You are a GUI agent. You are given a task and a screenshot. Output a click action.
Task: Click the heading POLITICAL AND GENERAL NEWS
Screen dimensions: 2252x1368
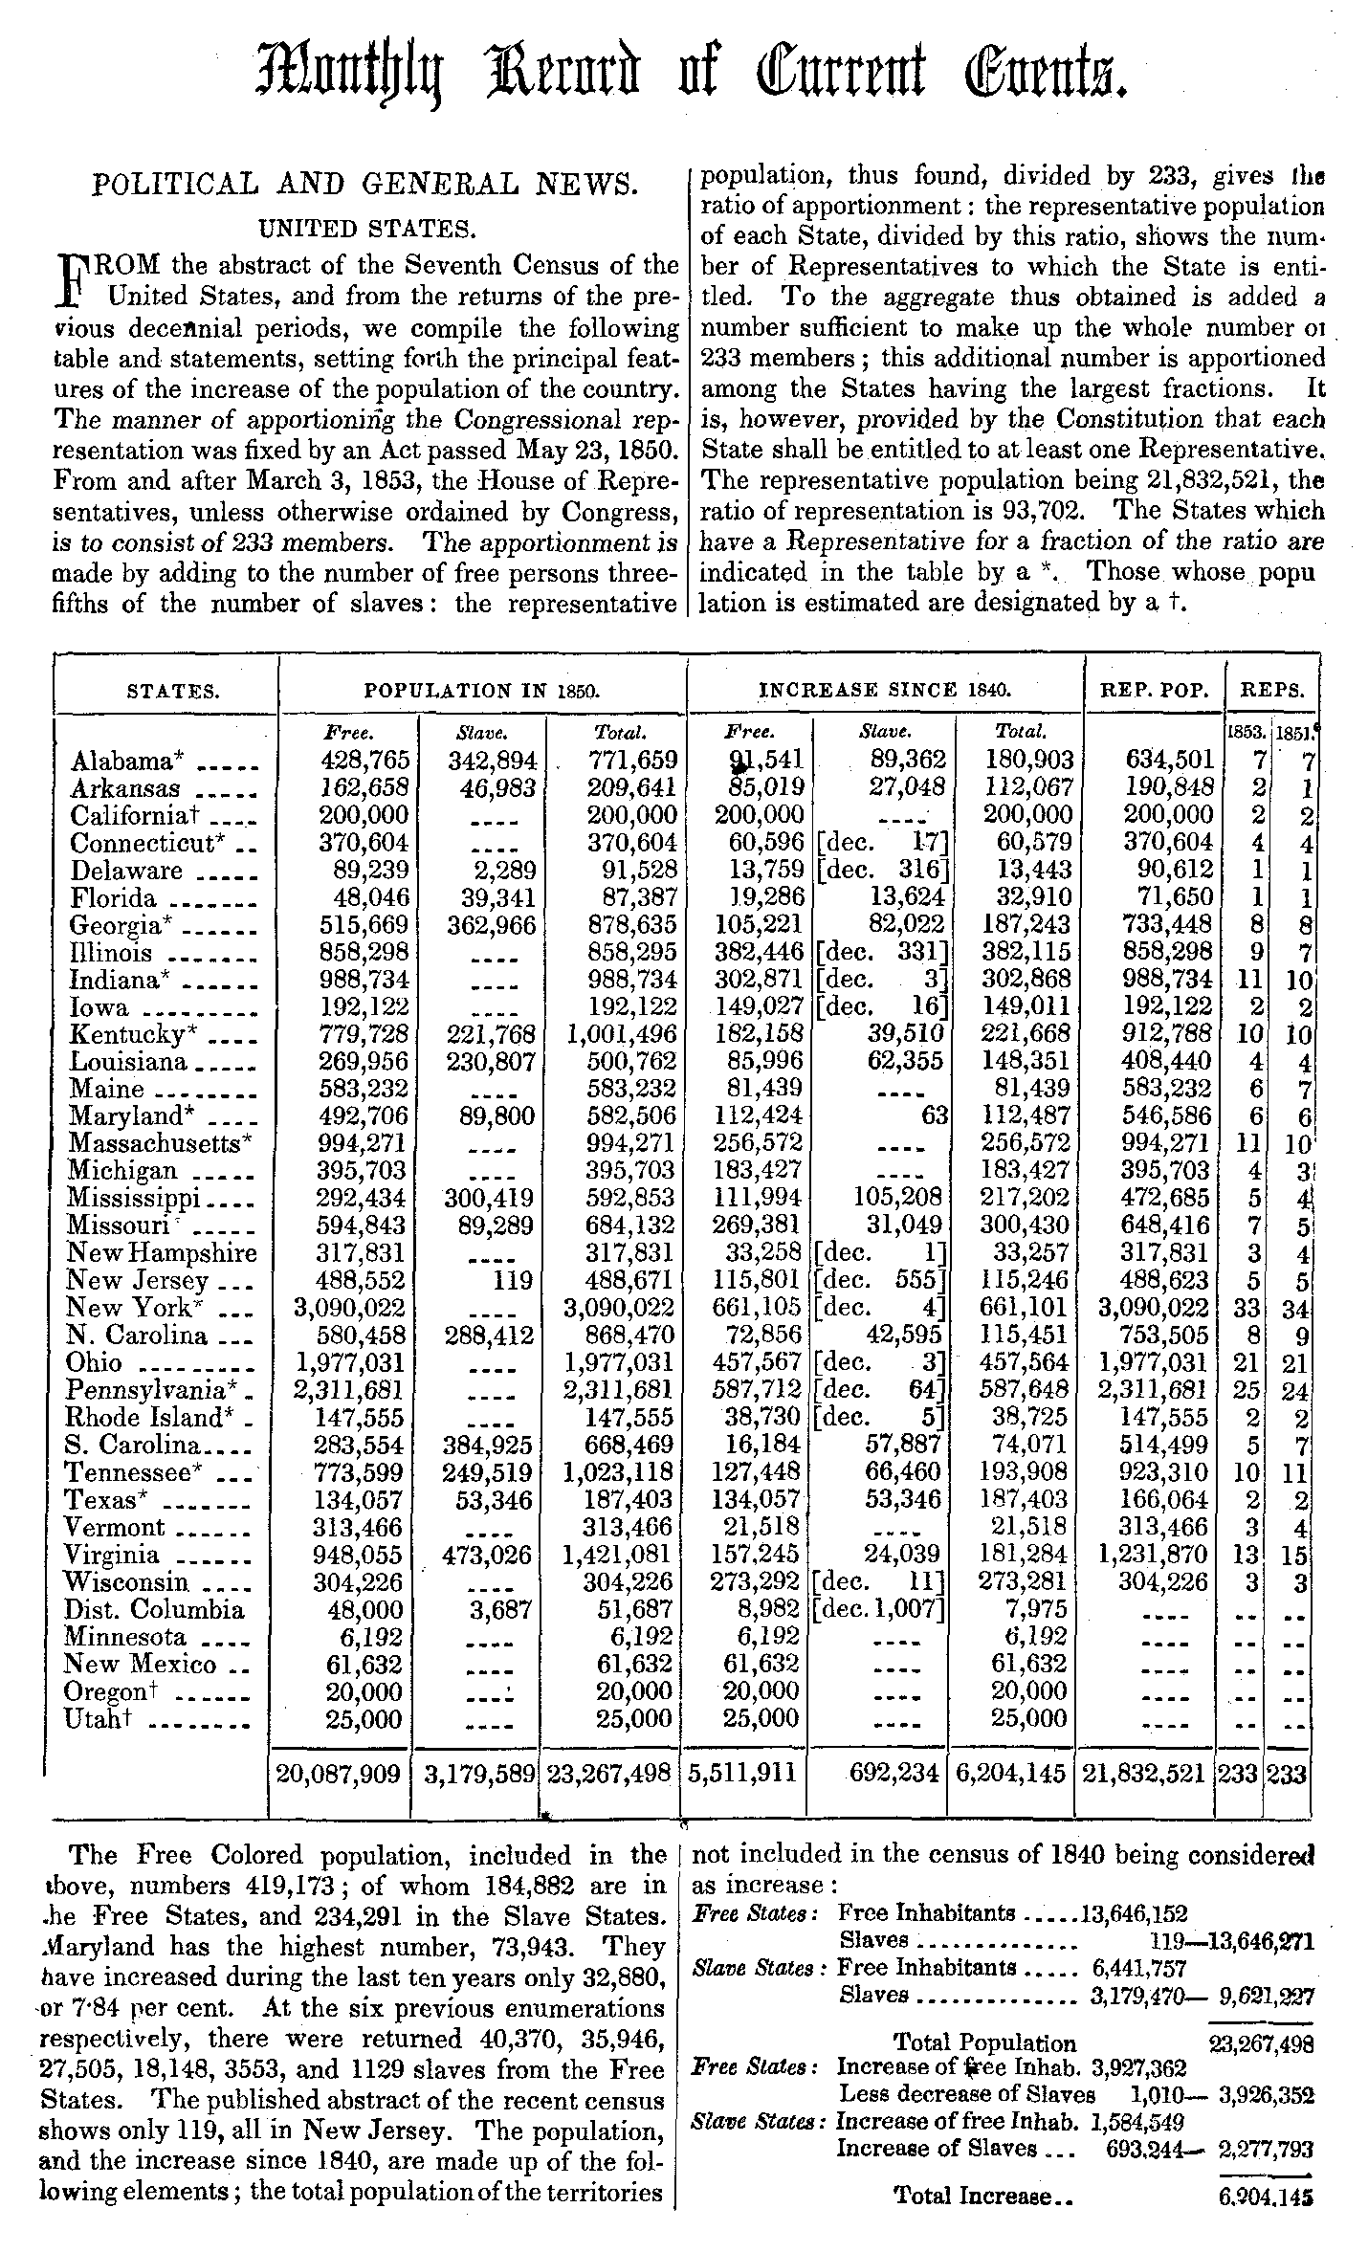click(x=364, y=184)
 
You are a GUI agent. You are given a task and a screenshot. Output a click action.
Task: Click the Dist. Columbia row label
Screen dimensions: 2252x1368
click(x=155, y=1609)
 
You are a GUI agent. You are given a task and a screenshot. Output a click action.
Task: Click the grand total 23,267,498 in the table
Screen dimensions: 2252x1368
click(x=607, y=1775)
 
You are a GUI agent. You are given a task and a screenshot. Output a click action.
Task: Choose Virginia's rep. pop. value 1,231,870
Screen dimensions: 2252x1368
click(x=1153, y=1555)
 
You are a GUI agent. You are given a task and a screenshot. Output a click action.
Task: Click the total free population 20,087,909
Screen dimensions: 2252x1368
click(x=338, y=1775)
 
